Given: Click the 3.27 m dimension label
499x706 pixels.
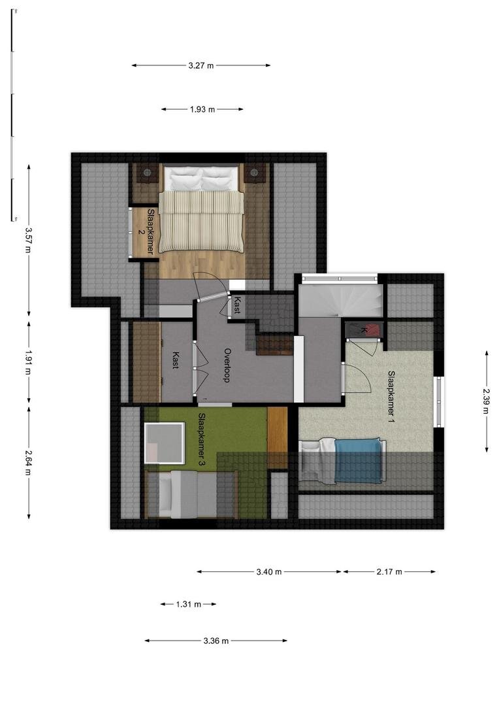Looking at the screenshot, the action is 201,65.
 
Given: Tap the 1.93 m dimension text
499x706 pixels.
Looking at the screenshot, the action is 202,109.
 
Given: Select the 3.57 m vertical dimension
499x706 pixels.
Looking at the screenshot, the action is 29,240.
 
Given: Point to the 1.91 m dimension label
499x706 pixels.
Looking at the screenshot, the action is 29,362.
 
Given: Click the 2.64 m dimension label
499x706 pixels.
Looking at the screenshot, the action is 29,462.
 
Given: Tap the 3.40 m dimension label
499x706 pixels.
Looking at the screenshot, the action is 269,572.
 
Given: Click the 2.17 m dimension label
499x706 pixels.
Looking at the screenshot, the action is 389,572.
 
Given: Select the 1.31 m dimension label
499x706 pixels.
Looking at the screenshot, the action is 189,604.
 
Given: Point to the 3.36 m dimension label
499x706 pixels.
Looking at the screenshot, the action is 216,641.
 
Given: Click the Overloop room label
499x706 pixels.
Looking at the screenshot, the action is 227,365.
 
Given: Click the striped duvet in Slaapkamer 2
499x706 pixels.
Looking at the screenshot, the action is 202,221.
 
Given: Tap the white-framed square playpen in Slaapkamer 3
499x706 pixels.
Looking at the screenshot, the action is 164,443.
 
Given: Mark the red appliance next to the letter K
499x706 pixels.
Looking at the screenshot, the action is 372,329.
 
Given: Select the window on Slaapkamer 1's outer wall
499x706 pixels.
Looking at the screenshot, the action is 438,402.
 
